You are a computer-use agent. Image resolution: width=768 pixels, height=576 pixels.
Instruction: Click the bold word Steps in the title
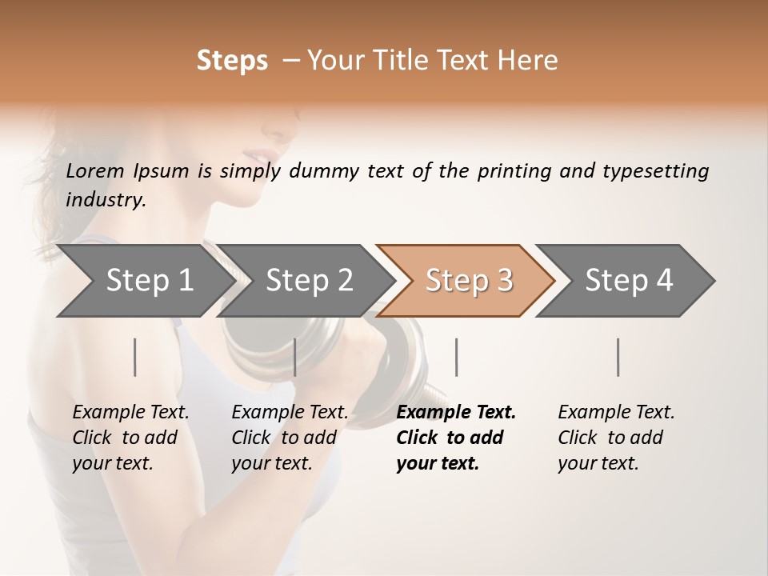tap(232, 61)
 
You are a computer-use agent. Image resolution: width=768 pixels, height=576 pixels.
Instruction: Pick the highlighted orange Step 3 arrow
tap(468, 281)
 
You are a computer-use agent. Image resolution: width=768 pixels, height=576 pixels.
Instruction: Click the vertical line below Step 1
tap(135, 357)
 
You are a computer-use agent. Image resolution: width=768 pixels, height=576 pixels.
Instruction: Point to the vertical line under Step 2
tap(295, 357)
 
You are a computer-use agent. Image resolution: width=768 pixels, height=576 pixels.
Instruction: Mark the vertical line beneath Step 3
tap(457, 357)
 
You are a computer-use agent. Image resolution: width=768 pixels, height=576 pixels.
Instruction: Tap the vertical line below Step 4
tap(618, 357)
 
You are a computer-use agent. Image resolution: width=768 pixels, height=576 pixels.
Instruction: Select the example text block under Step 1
tap(130, 438)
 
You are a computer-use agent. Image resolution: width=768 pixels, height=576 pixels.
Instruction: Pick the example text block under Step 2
tap(290, 438)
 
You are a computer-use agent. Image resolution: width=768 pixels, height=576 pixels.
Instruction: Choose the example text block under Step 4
tap(616, 438)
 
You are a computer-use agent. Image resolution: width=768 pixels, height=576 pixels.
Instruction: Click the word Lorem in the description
tap(95, 170)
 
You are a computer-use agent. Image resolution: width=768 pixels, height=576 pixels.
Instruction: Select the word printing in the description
tap(514, 171)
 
